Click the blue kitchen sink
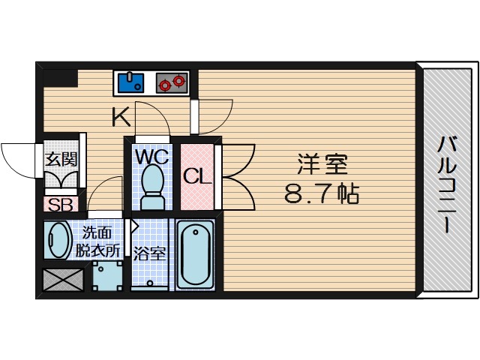click(x=130, y=82)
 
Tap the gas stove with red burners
click(x=172, y=82)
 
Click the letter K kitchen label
click(x=121, y=117)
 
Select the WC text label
click(x=152, y=157)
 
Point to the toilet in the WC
click(x=152, y=187)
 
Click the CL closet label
click(x=197, y=176)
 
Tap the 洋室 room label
click(x=322, y=165)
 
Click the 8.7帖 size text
click(x=322, y=194)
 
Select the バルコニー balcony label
click(x=447, y=185)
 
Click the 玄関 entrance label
click(x=61, y=160)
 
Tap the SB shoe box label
click(x=61, y=205)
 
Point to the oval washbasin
click(x=58, y=240)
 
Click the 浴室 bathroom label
click(x=149, y=253)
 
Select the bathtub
click(x=195, y=253)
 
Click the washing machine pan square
click(x=107, y=276)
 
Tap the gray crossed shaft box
click(x=63, y=280)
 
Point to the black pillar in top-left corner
click(x=61, y=78)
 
